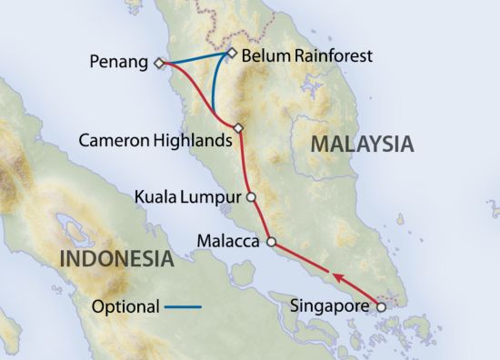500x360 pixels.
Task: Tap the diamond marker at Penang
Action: pyautogui.click(x=158, y=63)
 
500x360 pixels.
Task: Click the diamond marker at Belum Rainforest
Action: pyautogui.click(x=232, y=53)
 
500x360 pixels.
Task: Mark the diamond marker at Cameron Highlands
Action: pyautogui.click(x=238, y=128)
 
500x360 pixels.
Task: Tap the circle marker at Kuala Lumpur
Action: pyautogui.click(x=252, y=195)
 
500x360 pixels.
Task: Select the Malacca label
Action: pyautogui.click(x=227, y=242)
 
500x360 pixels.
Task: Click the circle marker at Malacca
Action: pyautogui.click(x=270, y=242)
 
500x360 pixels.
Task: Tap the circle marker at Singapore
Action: pyautogui.click(x=381, y=306)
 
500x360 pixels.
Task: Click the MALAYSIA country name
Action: pyautogui.click(x=362, y=144)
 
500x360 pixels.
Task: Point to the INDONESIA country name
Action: pyautogui.click(x=115, y=259)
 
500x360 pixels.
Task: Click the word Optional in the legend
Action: pyautogui.click(x=126, y=306)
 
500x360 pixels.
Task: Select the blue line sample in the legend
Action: pyautogui.click(x=183, y=307)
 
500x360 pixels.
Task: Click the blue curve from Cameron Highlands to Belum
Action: pyautogui.click(x=215, y=91)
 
